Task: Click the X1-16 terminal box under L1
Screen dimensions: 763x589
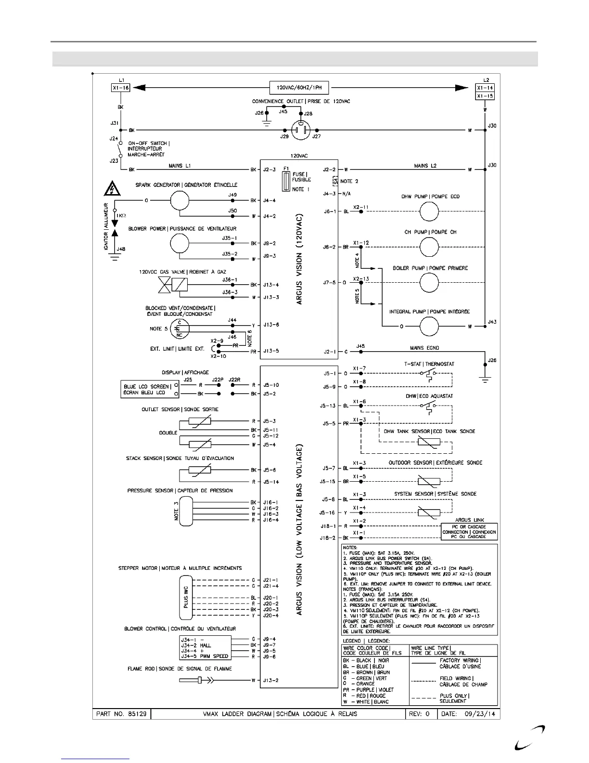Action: pos(120,88)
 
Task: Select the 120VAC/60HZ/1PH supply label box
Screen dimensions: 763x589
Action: pos(299,88)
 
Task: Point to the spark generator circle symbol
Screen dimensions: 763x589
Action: pos(179,200)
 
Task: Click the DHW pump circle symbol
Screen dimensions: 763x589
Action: pos(429,211)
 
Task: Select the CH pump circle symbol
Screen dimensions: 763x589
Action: pos(429,247)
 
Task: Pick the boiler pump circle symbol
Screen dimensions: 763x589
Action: pos(429,283)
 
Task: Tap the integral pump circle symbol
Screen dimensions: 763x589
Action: pos(429,327)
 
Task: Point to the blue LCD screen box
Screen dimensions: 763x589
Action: pos(147,390)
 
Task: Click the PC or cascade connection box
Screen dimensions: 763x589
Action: pos(469,532)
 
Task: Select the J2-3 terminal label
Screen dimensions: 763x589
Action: pos(269,170)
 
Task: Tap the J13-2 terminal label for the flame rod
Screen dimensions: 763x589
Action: pos(270,680)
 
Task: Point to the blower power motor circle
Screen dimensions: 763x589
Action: pos(179,244)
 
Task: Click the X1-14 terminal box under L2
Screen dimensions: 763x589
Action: pos(485,88)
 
